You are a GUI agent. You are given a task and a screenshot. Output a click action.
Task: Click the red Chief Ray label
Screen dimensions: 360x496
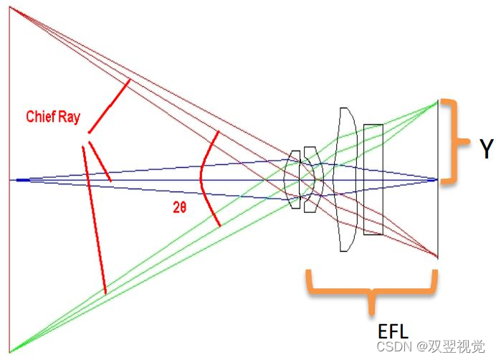(53, 117)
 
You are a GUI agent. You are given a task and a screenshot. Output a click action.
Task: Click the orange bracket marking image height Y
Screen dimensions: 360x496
(452, 142)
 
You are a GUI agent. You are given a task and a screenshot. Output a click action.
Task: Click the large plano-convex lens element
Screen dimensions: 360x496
(345, 179)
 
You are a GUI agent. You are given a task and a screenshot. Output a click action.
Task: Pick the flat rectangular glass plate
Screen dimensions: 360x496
(373, 179)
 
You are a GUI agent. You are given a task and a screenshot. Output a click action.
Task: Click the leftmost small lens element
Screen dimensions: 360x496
(292, 179)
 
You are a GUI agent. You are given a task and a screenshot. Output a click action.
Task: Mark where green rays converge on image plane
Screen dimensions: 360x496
(437, 103)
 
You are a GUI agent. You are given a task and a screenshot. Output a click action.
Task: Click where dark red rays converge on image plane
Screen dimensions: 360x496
(437, 256)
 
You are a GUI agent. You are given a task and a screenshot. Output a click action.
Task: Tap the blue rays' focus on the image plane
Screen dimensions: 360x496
(437, 179)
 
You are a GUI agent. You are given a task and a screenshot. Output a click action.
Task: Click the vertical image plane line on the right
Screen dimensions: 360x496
(438, 215)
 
